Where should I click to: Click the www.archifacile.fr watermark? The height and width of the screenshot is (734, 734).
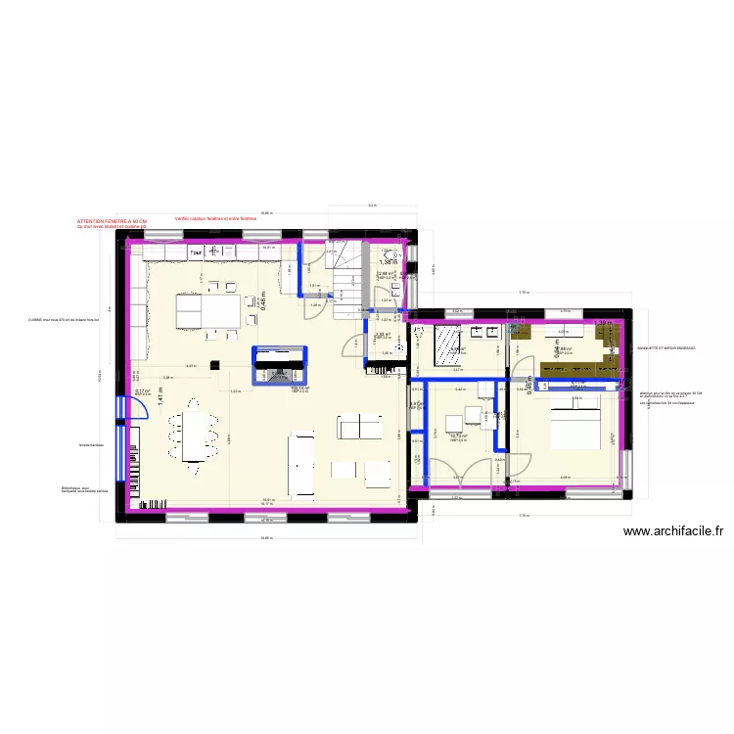click(672, 532)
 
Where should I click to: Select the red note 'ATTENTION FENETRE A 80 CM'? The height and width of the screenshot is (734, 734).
click(112, 222)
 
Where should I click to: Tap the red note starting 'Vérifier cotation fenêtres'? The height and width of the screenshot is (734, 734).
click(214, 218)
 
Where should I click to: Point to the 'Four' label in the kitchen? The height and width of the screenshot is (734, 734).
click(197, 250)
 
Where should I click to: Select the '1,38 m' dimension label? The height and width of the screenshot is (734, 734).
click(389, 262)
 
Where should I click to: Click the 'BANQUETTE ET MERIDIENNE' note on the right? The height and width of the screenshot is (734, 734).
click(666, 348)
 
